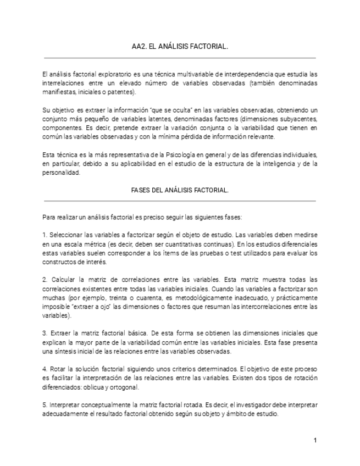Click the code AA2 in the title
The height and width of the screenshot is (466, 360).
[139, 47]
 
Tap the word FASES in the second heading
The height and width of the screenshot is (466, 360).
[142, 190]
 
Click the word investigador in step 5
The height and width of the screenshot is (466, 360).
[241, 405]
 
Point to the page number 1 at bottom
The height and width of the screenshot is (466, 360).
[315, 440]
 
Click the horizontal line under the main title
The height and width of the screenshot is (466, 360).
[180, 57]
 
